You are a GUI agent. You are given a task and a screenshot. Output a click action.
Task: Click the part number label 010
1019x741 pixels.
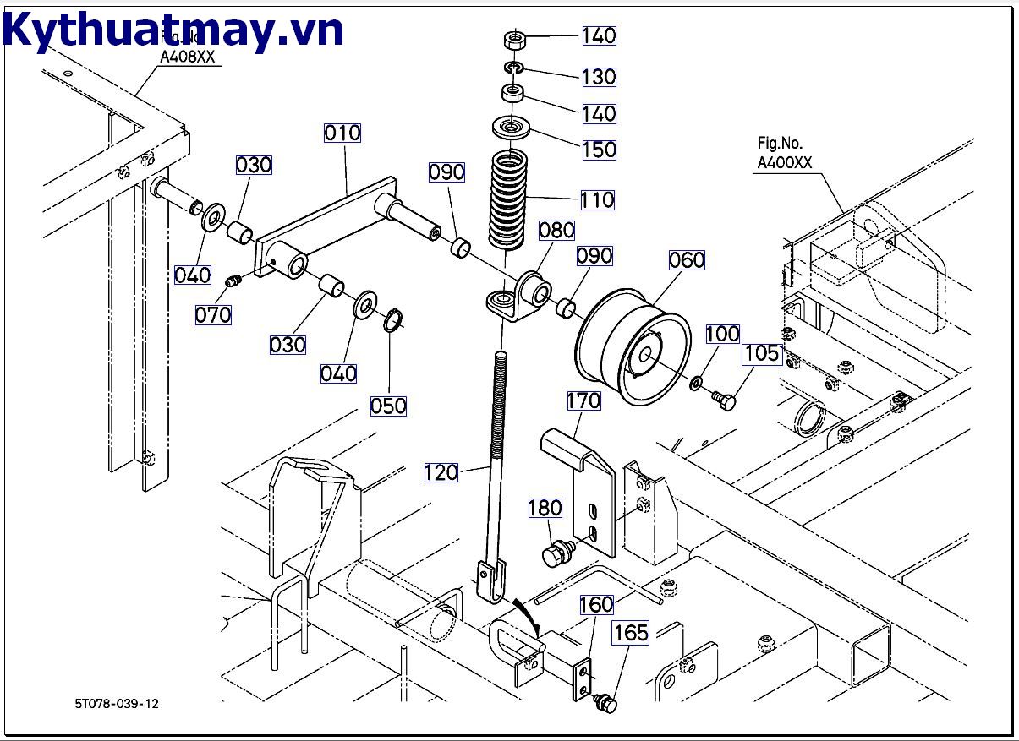(342, 133)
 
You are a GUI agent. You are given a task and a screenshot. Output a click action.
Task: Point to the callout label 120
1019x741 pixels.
(441, 472)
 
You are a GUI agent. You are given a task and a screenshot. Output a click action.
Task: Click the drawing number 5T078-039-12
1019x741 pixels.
(116, 703)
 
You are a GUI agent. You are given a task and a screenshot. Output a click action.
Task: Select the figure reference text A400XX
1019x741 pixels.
(784, 163)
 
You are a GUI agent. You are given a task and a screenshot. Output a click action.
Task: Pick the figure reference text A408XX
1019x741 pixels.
(188, 57)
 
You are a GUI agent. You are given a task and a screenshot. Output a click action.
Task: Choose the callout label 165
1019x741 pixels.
(631, 633)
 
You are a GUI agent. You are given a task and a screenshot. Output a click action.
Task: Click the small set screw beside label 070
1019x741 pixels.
(234, 281)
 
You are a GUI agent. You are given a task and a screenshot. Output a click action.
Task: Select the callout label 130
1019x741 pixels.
(599, 77)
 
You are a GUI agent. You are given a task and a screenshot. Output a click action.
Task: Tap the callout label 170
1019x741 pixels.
(583, 400)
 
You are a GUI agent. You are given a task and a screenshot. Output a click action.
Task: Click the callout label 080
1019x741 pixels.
(556, 230)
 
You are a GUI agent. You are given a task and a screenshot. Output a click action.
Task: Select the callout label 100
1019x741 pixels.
(722, 334)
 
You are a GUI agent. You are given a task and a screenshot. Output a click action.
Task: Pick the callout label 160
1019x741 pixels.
(596, 605)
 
